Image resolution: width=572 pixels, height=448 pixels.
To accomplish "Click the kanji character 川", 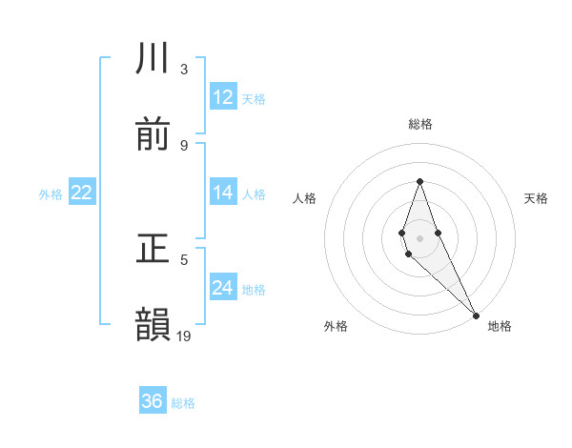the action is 153,59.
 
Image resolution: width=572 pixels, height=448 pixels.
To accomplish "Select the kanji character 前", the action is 153,135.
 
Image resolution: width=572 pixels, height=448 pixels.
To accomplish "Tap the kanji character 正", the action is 153,249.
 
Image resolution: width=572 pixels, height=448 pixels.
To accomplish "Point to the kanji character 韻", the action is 153,325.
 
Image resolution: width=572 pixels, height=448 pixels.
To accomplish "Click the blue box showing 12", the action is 223,97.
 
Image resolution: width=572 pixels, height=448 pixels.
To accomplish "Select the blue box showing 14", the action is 223,193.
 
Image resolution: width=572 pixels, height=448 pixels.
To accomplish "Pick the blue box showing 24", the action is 223,288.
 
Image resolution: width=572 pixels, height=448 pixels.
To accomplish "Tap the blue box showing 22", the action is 82,193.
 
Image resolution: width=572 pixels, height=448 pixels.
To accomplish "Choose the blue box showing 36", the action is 153,401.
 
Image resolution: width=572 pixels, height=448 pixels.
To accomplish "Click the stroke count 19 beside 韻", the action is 184,336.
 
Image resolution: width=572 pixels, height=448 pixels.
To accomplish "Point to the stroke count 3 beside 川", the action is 184,69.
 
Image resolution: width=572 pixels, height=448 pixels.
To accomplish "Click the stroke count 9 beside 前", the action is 184,145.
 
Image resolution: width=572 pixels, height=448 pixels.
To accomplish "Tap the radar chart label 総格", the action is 420,124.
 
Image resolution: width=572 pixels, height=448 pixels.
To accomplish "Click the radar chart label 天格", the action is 537,198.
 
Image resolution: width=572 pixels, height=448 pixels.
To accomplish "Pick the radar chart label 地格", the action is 500,326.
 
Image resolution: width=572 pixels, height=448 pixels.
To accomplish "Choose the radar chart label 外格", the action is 336,326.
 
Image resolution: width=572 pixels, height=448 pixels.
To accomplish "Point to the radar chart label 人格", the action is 304,198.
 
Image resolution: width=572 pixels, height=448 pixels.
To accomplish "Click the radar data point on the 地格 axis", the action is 476,314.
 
